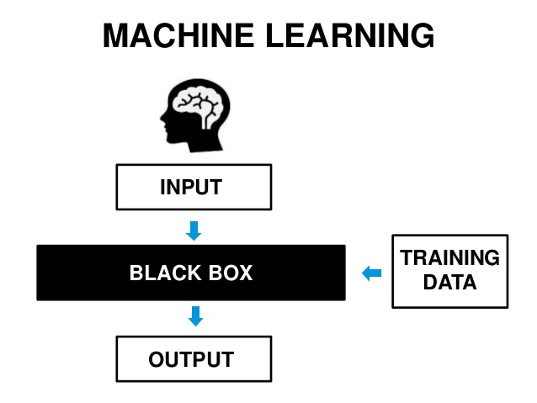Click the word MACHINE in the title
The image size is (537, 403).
[178, 35]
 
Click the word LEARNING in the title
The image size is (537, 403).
[349, 35]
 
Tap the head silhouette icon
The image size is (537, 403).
[195, 115]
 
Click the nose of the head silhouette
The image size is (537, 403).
[162, 118]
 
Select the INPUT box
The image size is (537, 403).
[194, 187]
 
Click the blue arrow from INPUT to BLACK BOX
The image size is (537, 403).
[194, 231]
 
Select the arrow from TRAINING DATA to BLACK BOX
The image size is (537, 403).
[371, 273]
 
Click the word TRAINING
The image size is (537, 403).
[449, 257]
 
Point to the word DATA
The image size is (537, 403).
[449, 282]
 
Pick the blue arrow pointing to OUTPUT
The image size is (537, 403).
[195, 316]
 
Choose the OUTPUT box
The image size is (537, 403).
[194, 359]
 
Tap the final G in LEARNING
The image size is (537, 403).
[423, 35]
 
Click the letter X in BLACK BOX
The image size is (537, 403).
[245, 273]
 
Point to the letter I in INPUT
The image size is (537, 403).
[162, 187]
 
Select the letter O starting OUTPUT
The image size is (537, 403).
[157, 359]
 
